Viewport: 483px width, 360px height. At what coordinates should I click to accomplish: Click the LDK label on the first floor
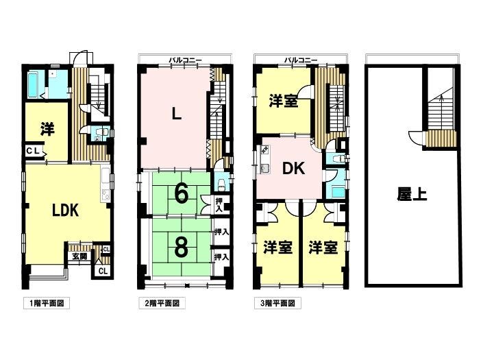point(65,211)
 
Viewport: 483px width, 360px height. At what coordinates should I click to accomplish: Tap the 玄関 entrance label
point(79,256)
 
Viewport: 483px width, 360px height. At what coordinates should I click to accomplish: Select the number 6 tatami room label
point(181,194)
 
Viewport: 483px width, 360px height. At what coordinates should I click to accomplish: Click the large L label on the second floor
point(176,115)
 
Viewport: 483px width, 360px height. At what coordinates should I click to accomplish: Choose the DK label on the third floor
point(294,169)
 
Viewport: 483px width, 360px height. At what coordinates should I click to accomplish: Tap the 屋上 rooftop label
point(412,194)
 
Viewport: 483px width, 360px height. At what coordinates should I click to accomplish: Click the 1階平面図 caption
point(47,303)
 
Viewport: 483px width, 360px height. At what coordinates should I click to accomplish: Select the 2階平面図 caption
point(162,303)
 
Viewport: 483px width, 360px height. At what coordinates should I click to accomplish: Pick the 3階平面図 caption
point(277,303)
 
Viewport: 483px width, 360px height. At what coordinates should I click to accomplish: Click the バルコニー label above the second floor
point(185,60)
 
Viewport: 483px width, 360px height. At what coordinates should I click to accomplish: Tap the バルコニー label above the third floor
point(301,60)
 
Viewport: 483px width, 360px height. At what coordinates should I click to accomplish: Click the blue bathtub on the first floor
point(32,84)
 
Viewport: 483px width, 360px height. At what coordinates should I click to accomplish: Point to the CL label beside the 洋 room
point(33,151)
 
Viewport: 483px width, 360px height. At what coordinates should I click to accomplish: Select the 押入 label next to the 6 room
point(219,205)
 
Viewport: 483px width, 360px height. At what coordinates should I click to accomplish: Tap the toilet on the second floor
point(221,185)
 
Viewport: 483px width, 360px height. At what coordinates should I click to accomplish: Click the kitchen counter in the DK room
point(264,159)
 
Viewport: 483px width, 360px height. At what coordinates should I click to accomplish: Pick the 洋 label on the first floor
point(47,129)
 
